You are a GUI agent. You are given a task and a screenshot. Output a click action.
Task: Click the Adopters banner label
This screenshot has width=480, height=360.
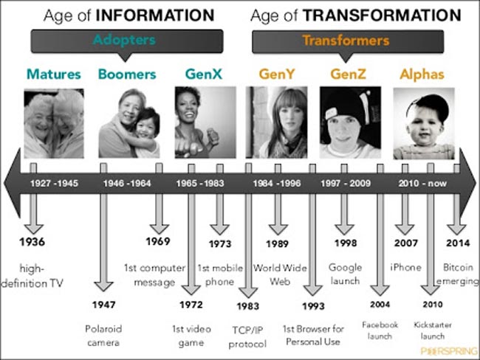tap(124, 40)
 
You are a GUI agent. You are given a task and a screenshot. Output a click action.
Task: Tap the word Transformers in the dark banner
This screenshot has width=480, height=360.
tap(346, 41)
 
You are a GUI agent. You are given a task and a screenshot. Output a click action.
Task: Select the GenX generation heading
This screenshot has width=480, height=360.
tap(204, 74)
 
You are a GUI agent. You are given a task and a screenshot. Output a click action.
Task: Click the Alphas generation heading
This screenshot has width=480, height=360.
tap(422, 75)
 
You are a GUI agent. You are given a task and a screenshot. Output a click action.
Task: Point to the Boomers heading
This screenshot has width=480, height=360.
tap(127, 75)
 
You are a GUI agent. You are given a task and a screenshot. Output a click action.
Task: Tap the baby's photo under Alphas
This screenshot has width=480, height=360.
tap(424, 123)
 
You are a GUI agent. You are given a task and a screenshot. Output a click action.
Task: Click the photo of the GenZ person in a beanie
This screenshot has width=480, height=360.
tap(351, 122)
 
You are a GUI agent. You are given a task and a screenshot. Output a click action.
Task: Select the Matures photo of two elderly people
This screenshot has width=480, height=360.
tap(54, 124)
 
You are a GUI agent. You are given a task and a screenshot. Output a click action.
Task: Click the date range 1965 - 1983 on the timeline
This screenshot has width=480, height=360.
tap(200, 183)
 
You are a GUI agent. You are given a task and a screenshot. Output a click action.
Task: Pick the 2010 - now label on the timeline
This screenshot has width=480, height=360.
tap(422, 183)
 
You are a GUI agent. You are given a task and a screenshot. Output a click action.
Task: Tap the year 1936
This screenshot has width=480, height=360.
tap(32, 242)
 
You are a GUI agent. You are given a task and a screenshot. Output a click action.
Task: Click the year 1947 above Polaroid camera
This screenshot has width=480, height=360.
tap(104, 305)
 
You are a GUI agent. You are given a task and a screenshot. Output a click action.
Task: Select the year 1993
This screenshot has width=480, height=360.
tap(313, 306)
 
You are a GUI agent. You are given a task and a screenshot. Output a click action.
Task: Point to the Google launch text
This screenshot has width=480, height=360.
tap(346, 274)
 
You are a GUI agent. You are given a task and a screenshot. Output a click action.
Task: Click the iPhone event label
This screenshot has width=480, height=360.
tap(405, 267)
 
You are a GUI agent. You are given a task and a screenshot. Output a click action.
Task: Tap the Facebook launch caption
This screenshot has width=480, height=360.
tap(380, 330)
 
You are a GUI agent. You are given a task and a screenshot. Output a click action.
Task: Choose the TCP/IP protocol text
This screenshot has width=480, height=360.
tap(247, 337)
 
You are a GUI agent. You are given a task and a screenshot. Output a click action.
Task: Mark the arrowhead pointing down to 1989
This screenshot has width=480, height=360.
tap(278, 229)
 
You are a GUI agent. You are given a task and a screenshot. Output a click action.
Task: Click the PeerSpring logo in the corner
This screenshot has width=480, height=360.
tap(449, 351)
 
